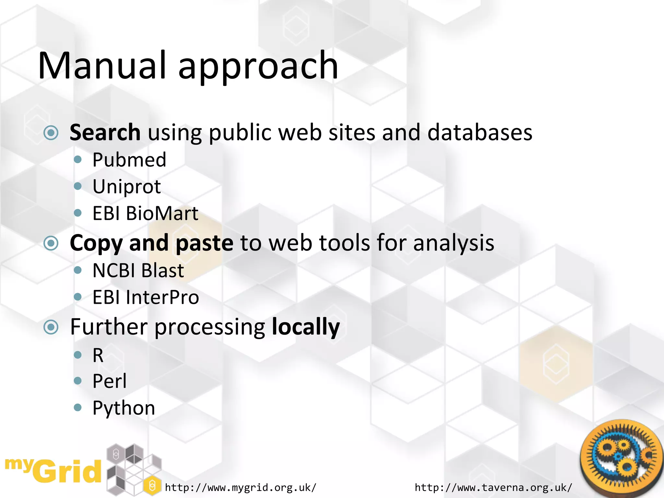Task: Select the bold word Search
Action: point(105,132)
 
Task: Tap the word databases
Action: point(480,132)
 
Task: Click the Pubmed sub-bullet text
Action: point(129,160)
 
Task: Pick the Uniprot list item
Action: point(126,187)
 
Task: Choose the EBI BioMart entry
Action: point(145,214)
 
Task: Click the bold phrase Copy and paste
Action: point(151,243)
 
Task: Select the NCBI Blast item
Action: point(138,270)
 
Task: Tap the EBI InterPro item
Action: point(146,297)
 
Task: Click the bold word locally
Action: point(305,327)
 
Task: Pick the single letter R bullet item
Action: point(98,355)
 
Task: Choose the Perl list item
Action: point(109,381)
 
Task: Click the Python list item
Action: point(124,408)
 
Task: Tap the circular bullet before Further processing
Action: point(51,327)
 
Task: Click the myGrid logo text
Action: point(53,470)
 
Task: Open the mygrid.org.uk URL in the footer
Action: point(240,487)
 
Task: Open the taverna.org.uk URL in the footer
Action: point(493,487)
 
